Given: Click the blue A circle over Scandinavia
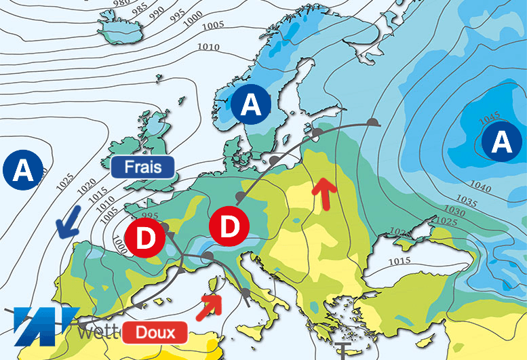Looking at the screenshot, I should [250, 105].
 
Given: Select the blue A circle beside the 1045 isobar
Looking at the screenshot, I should [502, 142].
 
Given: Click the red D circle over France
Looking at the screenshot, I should [144, 239].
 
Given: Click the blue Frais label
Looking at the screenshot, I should [142, 166].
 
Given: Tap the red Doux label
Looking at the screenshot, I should [155, 332].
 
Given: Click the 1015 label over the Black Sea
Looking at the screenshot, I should [401, 262].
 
